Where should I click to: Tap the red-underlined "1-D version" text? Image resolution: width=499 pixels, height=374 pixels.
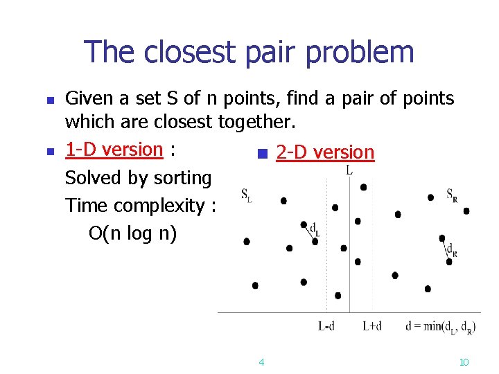[x=114, y=150]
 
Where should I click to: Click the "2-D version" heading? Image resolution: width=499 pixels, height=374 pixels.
[x=325, y=152]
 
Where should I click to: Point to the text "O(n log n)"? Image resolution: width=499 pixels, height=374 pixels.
[x=133, y=233]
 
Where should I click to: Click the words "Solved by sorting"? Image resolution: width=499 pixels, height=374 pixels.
[x=138, y=178]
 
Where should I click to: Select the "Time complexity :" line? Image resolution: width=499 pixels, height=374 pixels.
[x=141, y=206]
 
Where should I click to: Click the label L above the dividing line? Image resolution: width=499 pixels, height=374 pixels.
[x=349, y=169]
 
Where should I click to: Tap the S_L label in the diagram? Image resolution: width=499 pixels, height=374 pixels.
[x=246, y=195]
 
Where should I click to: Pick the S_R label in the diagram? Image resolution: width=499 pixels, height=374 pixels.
[x=451, y=194]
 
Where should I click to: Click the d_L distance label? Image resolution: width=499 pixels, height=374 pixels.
[x=314, y=229]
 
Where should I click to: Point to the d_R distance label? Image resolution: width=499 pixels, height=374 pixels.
[x=451, y=250]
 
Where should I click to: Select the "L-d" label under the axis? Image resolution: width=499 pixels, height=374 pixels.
[x=326, y=326]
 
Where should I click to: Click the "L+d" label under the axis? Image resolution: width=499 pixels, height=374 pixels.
[x=372, y=326]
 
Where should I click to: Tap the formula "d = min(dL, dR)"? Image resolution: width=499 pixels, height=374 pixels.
[x=440, y=326]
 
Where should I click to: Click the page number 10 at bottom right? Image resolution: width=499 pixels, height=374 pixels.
[x=464, y=362]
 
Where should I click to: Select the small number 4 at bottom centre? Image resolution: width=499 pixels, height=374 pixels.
[x=261, y=362]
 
